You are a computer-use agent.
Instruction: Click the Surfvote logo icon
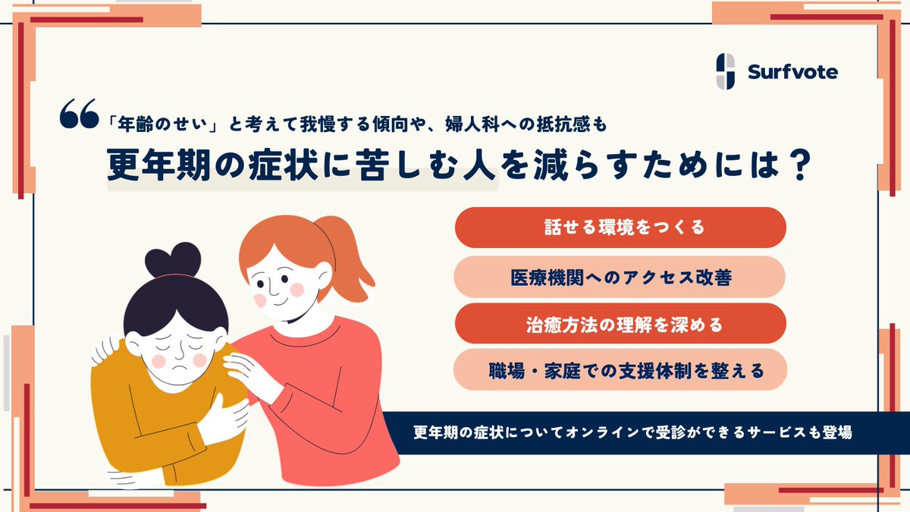click(x=726, y=71)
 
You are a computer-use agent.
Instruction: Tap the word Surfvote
click(x=792, y=72)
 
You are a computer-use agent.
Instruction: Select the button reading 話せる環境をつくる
click(x=620, y=228)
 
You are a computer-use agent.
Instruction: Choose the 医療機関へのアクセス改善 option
click(x=620, y=277)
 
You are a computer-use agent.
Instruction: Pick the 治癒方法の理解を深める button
click(x=620, y=324)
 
